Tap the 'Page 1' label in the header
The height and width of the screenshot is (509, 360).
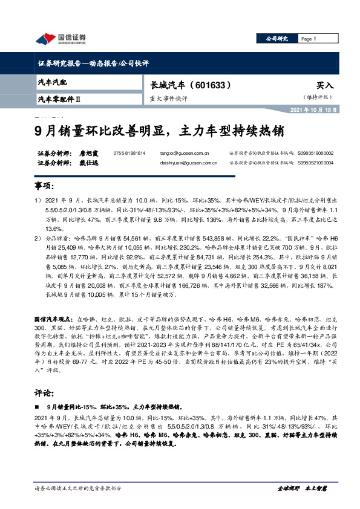click(309, 39)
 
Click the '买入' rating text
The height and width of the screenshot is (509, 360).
click(325, 86)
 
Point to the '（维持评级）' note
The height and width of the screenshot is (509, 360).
click(319, 97)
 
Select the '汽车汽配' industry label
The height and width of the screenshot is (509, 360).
click(53, 82)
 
